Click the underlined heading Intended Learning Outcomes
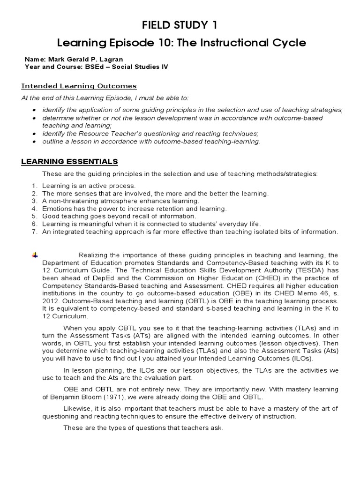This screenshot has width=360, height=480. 79,86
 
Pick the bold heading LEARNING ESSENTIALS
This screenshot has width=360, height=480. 70,162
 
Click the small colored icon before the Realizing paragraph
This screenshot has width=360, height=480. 34,255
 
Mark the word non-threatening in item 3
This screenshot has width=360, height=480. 72,201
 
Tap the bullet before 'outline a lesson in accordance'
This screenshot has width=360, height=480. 35,141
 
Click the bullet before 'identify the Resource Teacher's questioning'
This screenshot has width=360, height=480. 35,134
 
